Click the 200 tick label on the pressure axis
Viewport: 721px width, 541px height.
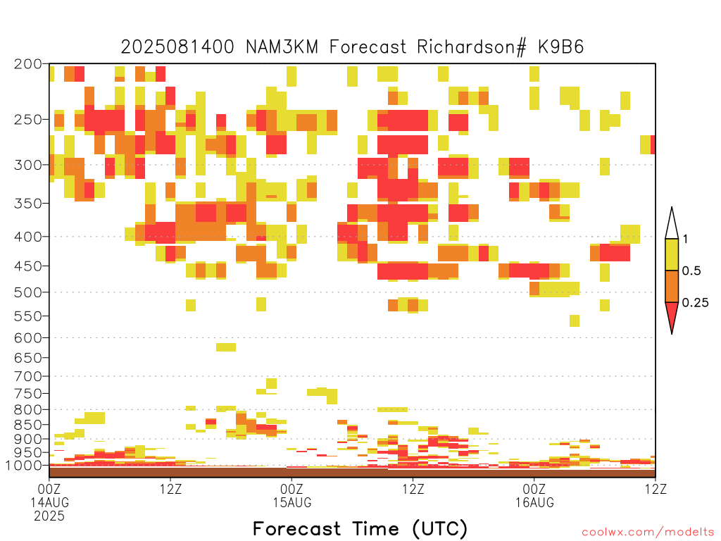28,64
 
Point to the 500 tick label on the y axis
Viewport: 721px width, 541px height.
28,292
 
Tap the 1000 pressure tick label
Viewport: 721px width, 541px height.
23,466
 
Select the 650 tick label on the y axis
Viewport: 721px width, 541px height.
28,357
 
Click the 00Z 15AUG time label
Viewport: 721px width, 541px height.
292,495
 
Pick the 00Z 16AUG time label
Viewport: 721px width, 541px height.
534,495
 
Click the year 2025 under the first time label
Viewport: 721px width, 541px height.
49,516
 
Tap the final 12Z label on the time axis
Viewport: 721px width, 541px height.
656,489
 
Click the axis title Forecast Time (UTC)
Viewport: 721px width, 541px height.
360,528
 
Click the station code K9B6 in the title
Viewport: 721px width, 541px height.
561,47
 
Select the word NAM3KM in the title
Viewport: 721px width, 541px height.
282,47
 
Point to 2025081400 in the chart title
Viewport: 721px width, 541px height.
177,47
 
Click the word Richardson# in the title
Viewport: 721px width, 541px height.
472,47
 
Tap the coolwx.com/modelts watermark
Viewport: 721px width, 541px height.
648,533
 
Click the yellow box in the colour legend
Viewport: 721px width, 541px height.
672,254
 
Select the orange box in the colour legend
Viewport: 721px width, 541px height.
672,286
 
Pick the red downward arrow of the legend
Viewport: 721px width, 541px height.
672,317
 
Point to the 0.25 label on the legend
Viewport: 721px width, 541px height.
695,303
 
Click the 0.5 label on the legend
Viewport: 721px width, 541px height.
691,271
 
